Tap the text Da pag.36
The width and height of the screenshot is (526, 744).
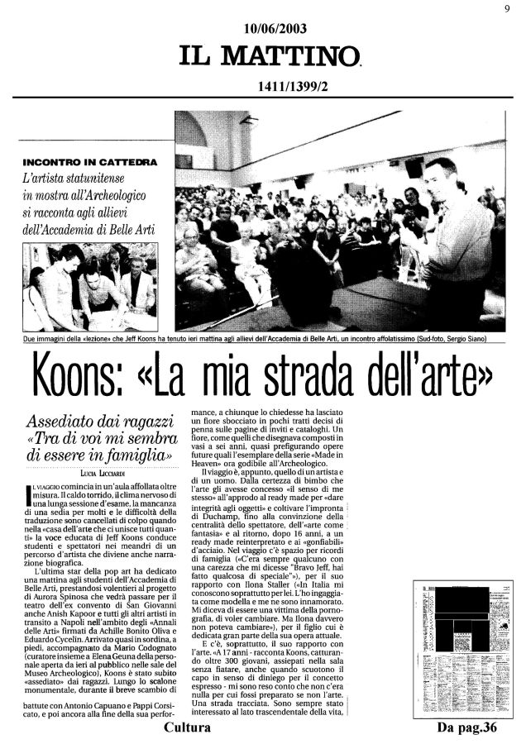point(469,728)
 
